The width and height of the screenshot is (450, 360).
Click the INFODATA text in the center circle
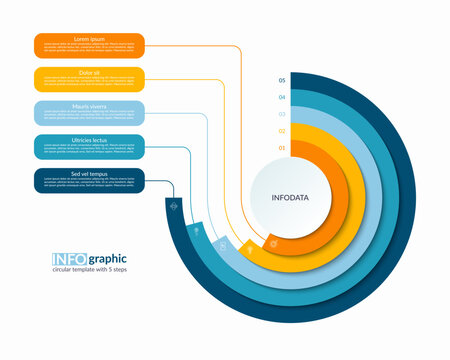(x=290, y=198)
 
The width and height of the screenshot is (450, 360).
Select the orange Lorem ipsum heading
(x=89, y=38)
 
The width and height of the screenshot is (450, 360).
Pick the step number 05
(x=282, y=80)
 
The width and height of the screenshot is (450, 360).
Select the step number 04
(x=282, y=97)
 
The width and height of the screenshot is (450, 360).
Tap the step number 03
(x=282, y=114)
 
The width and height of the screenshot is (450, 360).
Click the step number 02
(x=282, y=131)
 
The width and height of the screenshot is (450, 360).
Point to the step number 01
(x=282, y=148)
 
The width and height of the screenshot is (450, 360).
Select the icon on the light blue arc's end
(x=223, y=243)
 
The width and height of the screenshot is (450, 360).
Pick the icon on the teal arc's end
(x=197, y=230)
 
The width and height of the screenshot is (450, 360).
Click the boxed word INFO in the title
(x=69, y=261)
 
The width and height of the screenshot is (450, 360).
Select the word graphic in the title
(x=109, y=261)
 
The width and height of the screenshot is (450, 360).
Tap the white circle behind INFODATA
(x=290, y=175)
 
